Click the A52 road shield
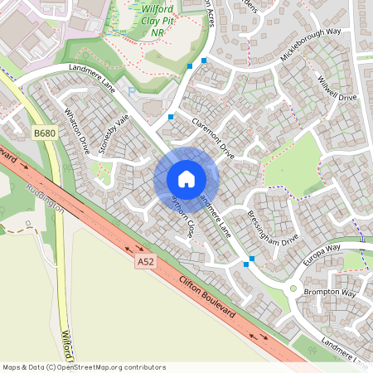pyautogui.click(x=146, y=262)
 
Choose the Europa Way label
pyautogui.click(x=322, y=249)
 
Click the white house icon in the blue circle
pyautogui.click(x=186, y=178)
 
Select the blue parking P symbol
pyautogui.click(x=131, y=91)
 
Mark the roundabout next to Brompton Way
pyautogui.click(x=293, y=289)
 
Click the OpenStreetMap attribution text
pyautogui.click(x=84, y=367)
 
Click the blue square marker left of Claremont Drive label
pyautogui.click(x=171, y=117)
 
